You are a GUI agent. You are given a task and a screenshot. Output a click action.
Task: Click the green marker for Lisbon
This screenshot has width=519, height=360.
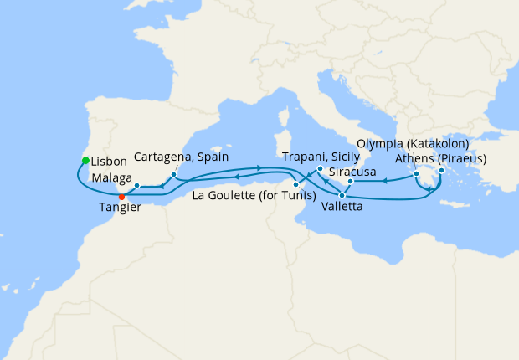(x=85, y=160)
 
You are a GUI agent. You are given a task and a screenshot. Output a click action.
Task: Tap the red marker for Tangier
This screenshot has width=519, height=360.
(x=122, y=198)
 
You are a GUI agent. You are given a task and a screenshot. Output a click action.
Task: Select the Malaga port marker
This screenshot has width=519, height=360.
(x=136, y=185)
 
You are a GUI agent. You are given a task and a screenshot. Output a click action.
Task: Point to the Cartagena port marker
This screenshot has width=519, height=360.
(x=173, y=175)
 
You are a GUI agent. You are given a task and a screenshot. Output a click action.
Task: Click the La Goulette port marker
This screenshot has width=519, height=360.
(x=295, y=184)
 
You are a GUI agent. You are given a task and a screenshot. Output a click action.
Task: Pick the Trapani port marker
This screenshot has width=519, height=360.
(x=320, y=170)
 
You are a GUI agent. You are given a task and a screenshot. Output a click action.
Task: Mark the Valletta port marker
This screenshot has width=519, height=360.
(x=342, y=195)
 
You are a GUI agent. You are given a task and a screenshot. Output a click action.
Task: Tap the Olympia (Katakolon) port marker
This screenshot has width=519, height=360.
(x=415, y=174)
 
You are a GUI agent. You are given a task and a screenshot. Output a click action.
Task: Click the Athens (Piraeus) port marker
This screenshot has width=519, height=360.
(x=442, y=173)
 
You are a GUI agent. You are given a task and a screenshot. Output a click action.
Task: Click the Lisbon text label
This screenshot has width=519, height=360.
(x=109, y=161)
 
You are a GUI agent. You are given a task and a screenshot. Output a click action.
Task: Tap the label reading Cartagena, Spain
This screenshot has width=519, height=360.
(x=182, y=157)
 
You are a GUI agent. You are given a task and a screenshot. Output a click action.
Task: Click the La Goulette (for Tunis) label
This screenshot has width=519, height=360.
(x=254, y=196)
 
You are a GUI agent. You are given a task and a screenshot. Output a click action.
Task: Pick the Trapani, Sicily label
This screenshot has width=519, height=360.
(x=321, y=157)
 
